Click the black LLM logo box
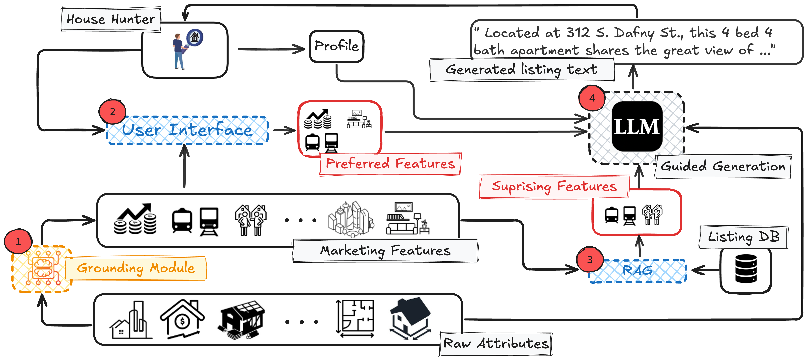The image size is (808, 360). point(637,126)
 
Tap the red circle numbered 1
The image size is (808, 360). point(18,241)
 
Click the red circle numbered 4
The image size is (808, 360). point(592,98)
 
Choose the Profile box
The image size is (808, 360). point(336,46)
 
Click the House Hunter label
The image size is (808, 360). point(111,19)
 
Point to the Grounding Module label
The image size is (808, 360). point(136,268)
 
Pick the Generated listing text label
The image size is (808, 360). point(522,70)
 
